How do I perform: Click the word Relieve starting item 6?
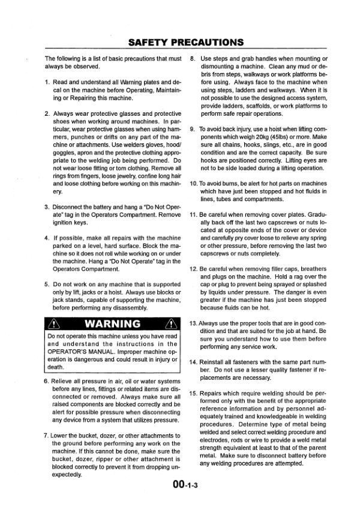65,381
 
